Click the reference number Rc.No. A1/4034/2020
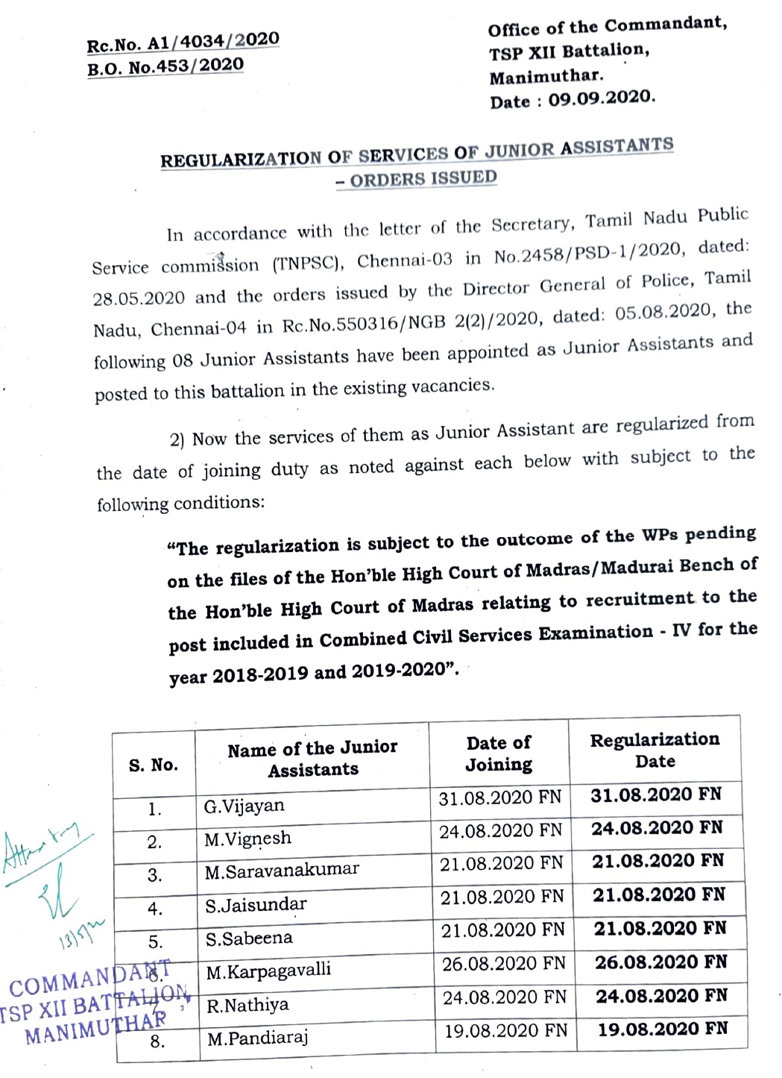(x=183, y=43)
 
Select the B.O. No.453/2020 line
(x=165, y=67)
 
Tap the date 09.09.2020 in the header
(x=602, y=98)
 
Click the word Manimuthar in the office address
(x=546, y=76)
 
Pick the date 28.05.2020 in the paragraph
(x=139, y=298)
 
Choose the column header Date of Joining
(x=499, y=753)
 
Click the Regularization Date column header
(x=655, y=750)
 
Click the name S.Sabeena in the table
(x=249, y=938)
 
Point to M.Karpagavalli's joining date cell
(x=503, y=964)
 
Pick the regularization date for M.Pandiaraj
(x=662, y=1030)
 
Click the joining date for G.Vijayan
(x=499, y=797)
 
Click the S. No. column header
(x=154, y=765)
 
